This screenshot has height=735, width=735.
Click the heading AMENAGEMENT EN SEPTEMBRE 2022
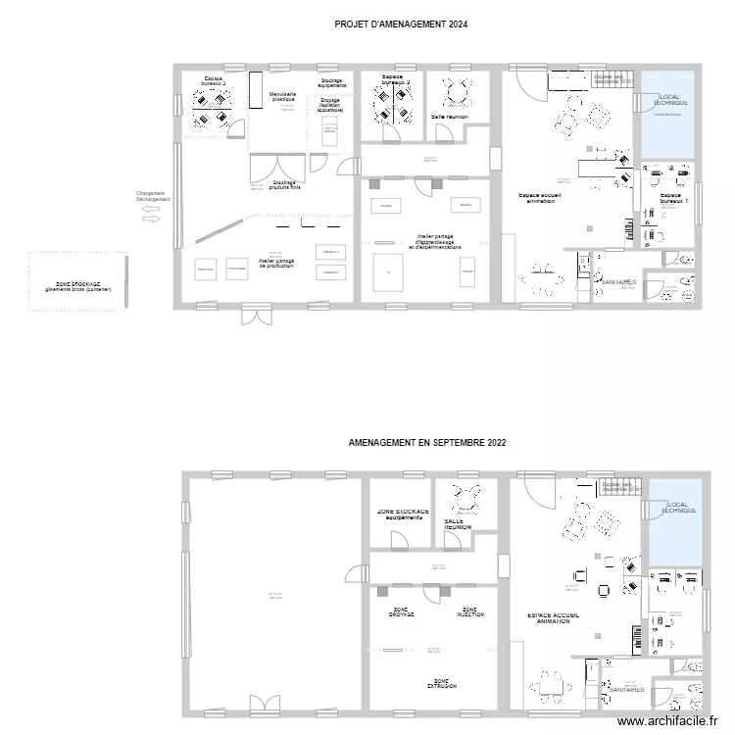pyautogui.click(x=427, y=443)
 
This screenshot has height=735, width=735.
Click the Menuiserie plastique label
pyautogui.click(x=283, y=97)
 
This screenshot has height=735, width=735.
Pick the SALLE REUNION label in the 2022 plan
pyautogui.click(x=458, y=524)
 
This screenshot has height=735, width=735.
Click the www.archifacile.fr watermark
pyautogui.click(x=674, y=722)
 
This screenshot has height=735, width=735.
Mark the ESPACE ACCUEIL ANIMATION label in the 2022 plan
pyautogui.click(x=553, y=617)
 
